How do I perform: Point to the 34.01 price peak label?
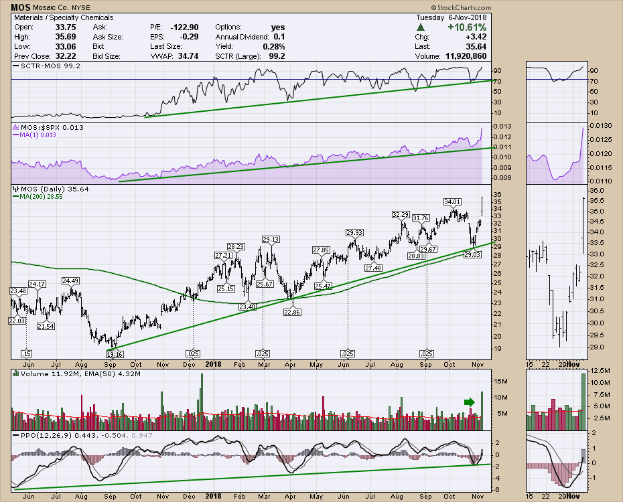tap(453, 201)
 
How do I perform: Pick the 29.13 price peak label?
tap(271, 239)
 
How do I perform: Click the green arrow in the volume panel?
tap(468, 402)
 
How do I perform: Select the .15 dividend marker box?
tap(27, 353)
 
